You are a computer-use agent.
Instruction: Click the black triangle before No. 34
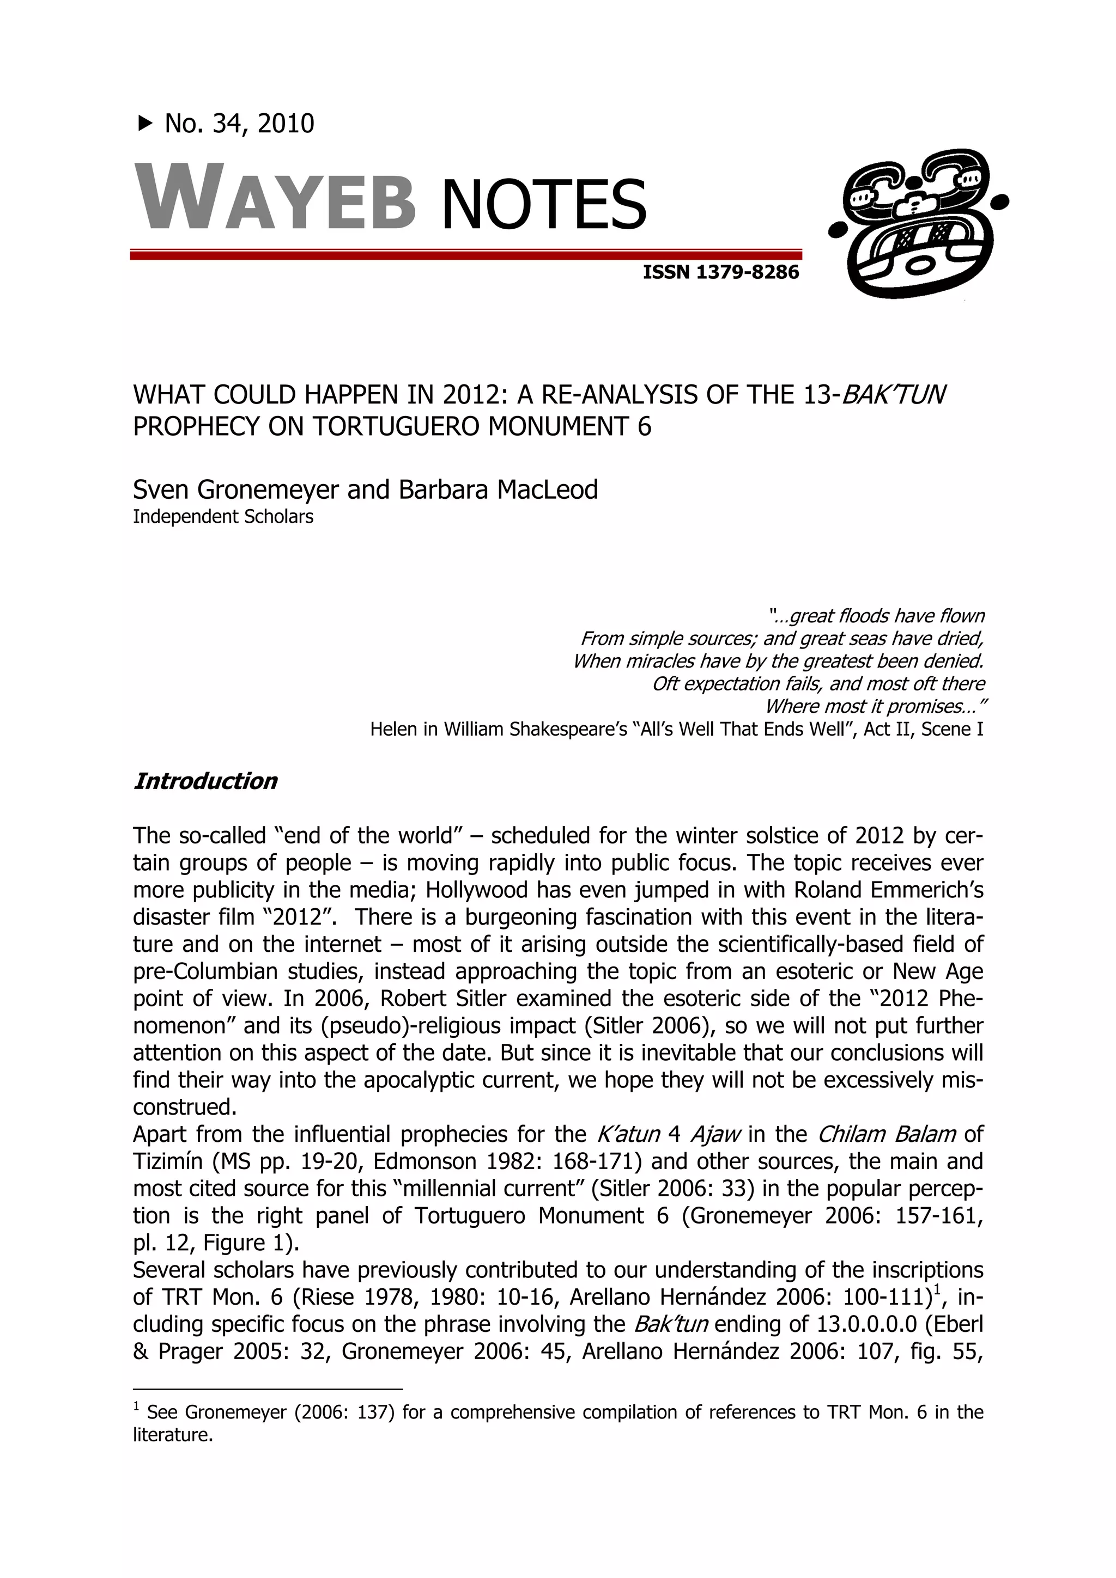pos(145,124)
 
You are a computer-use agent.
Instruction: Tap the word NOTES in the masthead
pos(543,204)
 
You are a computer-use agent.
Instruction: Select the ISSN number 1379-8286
pos(748,272)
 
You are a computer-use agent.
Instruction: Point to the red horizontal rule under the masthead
pos(465,255)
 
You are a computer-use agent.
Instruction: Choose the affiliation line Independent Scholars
pos(223,516)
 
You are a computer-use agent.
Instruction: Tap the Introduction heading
pos(205,781)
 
